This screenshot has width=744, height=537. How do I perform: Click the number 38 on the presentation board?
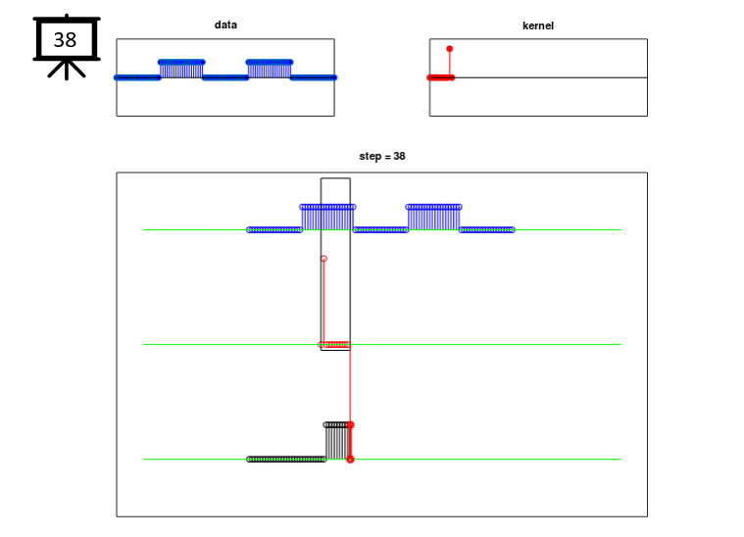(65, 40)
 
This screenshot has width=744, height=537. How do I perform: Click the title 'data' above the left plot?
(225, 24)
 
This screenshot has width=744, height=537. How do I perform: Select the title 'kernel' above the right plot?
(538, 25)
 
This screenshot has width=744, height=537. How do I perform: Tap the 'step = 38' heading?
(382, 156)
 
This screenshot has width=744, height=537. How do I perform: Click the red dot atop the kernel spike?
(449, 49)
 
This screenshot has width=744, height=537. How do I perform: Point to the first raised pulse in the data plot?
(181, 70)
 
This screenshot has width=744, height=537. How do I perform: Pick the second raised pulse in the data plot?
(269, 70)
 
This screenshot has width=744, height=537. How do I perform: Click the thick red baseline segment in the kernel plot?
(441, 77)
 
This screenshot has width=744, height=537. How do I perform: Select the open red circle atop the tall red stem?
(323, 259)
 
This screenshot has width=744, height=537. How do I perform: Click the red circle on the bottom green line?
(350, 460)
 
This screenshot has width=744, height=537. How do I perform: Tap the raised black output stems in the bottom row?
(337, 442)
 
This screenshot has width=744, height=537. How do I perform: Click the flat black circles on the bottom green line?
(286, 460)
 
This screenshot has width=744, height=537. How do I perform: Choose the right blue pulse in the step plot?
(433, 218)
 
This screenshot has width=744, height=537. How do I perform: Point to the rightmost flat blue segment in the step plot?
(487, 230)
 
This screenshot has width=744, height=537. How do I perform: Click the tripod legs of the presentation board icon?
(67, 70)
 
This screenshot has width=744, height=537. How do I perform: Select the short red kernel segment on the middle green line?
(336, 344)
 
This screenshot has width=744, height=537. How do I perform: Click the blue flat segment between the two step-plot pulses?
(380, 230)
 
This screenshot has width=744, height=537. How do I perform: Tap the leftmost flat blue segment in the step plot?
(274, 230)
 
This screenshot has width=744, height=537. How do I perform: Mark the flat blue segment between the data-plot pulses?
(225, 77)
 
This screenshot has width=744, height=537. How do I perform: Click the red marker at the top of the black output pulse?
(350, 425)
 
